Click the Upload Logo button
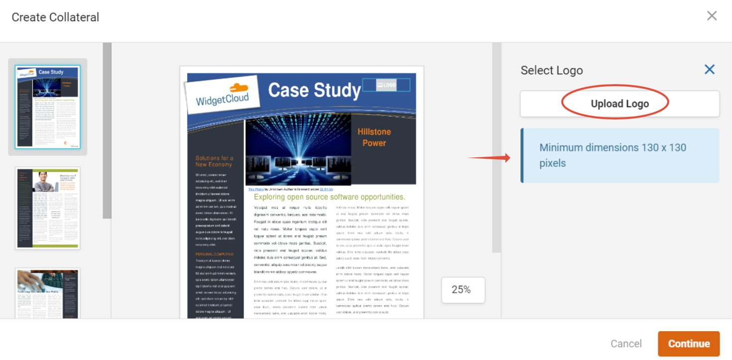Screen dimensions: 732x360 click(619, 104)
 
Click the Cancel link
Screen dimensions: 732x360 click(626, 344)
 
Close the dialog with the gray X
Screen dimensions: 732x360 click(712, 16)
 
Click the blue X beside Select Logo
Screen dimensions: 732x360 click(709, 70)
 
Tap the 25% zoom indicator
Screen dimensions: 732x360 click(463, 290)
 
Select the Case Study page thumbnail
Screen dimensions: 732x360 click(47, 107)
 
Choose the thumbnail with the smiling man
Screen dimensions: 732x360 click(47, 208)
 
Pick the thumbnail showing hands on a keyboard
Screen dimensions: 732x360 click(47, 294)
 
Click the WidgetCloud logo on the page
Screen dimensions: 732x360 click(223, 95)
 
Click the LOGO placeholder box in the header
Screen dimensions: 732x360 click(386, 85)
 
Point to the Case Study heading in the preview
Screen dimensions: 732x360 click(314, 90)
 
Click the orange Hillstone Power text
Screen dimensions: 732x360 click(374, 137)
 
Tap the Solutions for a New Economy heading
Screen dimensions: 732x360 click(214, 161)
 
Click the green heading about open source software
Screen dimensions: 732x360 click(329, 197)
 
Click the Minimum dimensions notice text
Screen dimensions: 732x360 click(612, 155)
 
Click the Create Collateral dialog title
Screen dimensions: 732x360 click(55, 17)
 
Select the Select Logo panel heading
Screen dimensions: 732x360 click(551, 70)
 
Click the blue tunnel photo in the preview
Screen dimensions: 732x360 click(298, 149)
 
